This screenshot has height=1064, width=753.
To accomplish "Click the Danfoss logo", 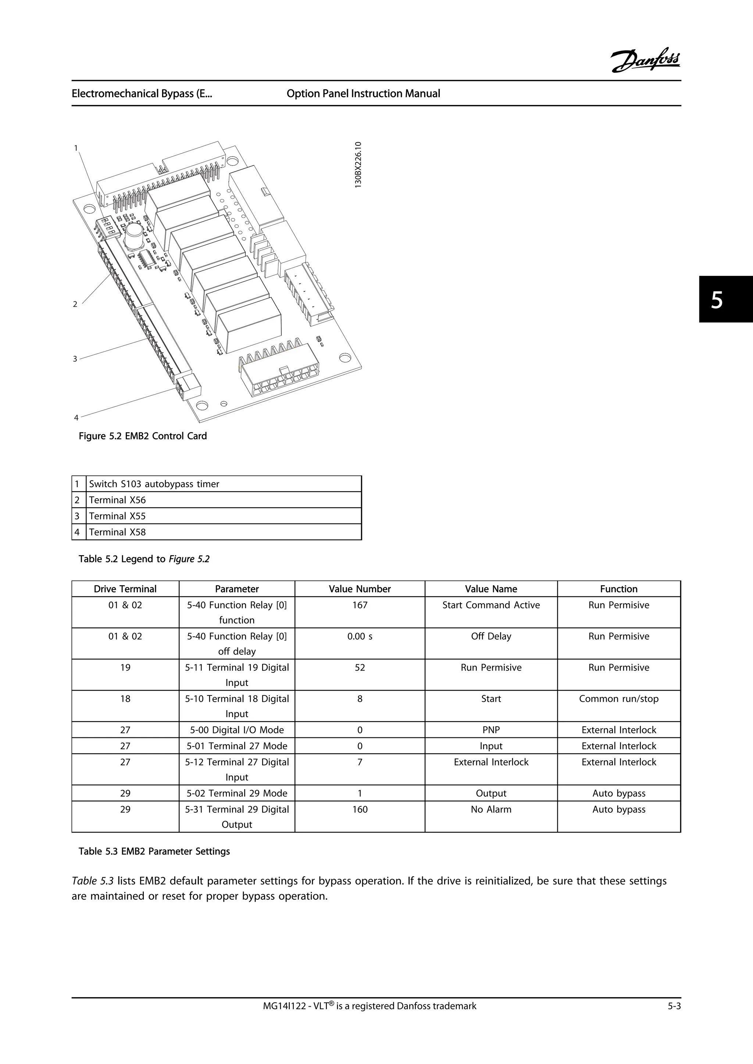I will tap(645, 61).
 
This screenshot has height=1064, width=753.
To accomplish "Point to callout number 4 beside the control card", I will tap(76, 417).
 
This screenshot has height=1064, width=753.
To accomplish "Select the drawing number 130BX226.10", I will tap(358, 165).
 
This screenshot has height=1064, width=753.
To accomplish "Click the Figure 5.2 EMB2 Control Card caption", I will tap(143, 436).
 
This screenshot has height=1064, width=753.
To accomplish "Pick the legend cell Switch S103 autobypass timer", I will tap(154, 484).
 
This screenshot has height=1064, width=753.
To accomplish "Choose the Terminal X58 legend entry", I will tap(117, 532).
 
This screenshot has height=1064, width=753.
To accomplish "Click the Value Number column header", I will tap(360, 589).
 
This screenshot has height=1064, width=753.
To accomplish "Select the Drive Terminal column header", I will tap(125, 589).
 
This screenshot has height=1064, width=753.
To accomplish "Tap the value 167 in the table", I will tap(360, 605).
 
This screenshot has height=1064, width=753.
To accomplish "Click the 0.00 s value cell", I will tap(360, 636).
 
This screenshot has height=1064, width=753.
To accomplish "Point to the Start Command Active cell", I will tap(491, 605).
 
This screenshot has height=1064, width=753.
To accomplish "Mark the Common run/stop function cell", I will tap(618, 699).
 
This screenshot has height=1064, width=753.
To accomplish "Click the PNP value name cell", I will tap(491, 730).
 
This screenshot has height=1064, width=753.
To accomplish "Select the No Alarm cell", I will tap(491, 810).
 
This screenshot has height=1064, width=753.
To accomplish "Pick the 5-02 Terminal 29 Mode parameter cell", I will tap(237, 793).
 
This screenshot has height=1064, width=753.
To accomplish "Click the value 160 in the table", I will tap(360, 810).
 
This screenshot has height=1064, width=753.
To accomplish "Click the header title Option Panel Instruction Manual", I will tap(363, 94).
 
